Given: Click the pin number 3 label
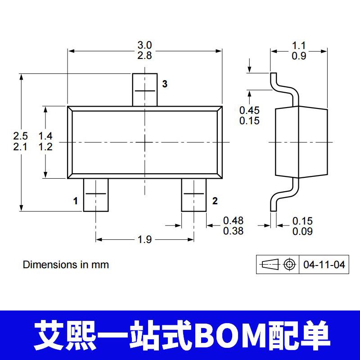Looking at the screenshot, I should pyautogui.click(x=165, y=84).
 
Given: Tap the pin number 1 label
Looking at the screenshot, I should pyautogui.click(x=76, y=201).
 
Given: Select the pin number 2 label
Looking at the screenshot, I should pyautogui.click(x=215, y=201).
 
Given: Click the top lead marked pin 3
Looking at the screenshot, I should pyautogui.click(x=144, y=90).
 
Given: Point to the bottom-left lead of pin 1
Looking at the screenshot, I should pyautogui.click(x=96, y=195).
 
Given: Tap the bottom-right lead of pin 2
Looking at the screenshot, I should pyautogui.click(x=194, y=195).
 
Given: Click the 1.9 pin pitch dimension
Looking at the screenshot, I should pyautogui.click(x=144, y=239).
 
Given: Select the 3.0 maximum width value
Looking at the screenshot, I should pyautogui.click(x=144, y=45).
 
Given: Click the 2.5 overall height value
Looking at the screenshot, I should pyautogui.click(x=20, y=135).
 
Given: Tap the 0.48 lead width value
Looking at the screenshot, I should pyautogui.click(x=233, y=221).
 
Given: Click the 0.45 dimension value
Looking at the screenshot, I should pyautogui.click(x=249, y=110).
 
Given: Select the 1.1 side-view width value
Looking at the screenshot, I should pyautogui.click(x=299, y=45).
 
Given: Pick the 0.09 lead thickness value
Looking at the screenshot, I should pyautogui.click(x=302, y=232).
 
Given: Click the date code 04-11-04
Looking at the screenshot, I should pyautogui.click(x=324, y=265).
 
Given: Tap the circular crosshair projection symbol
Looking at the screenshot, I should pyautogui.click(x=290, y=265).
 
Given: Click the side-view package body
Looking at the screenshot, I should pyautogui.click(x=301, y=142).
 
